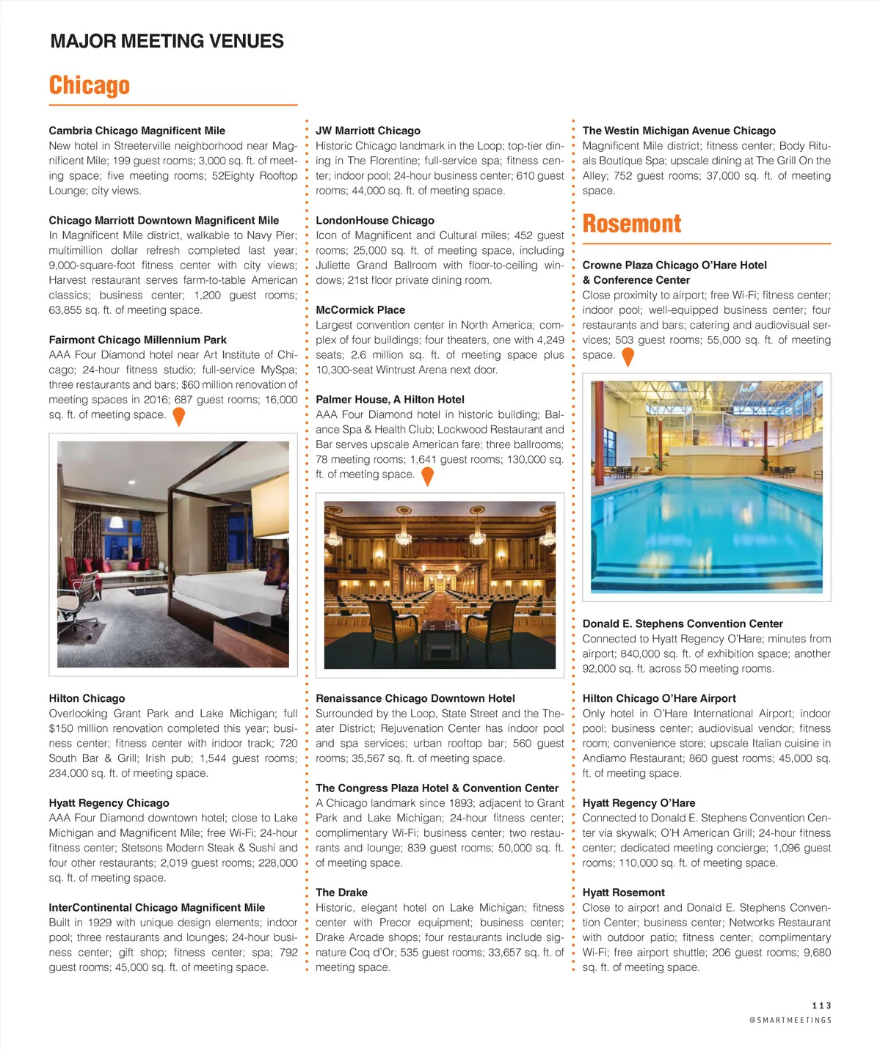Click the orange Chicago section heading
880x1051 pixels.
(x=90, y=86)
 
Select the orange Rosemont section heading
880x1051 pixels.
(x=631, y=224)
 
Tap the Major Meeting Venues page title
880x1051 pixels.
(x=167, y=41)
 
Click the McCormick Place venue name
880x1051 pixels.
(x=360, y=310)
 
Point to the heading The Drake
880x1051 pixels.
(x=341, y=893)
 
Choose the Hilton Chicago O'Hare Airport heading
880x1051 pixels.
(x=658, y=698)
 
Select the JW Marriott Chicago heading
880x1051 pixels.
(x=368, y=131)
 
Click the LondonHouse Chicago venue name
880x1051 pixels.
(x=374, y=220)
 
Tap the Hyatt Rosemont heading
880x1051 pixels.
(x=623, y=893)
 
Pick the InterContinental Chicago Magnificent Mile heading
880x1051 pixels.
(x=156, y=907)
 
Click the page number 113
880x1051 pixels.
(x=821, y=1006)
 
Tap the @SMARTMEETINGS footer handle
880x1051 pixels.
(x=790, y=1020)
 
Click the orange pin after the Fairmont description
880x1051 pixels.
(x=178, y=417)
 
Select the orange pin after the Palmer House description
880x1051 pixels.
(x=427, y=476)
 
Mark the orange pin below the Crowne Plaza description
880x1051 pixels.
(x=628, y=356)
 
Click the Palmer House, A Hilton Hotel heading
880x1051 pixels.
(x=390, y=400)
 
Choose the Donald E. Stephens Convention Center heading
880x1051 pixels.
(x=682, y=623)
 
